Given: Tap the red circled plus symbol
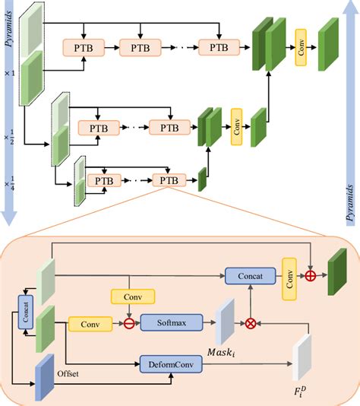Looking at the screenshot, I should (311, 277).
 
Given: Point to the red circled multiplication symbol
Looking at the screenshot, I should (251, 322).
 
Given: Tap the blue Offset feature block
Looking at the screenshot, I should (45, 376).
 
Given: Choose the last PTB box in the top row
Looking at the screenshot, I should (219, 47).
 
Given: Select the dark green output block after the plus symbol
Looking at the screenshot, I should (337, 273).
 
